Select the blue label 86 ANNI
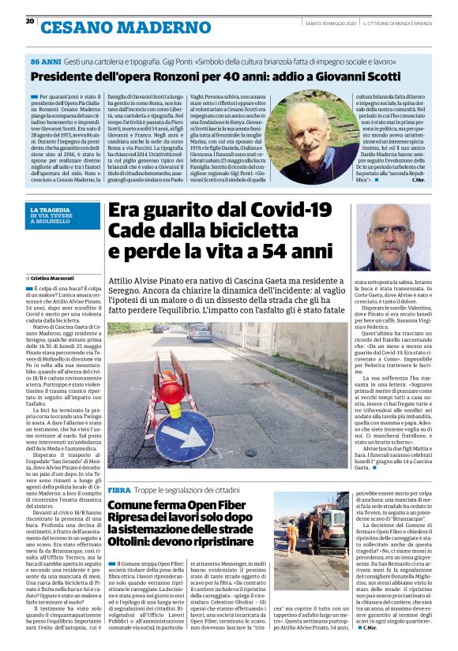44,61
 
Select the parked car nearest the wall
201,332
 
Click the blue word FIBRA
119,490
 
